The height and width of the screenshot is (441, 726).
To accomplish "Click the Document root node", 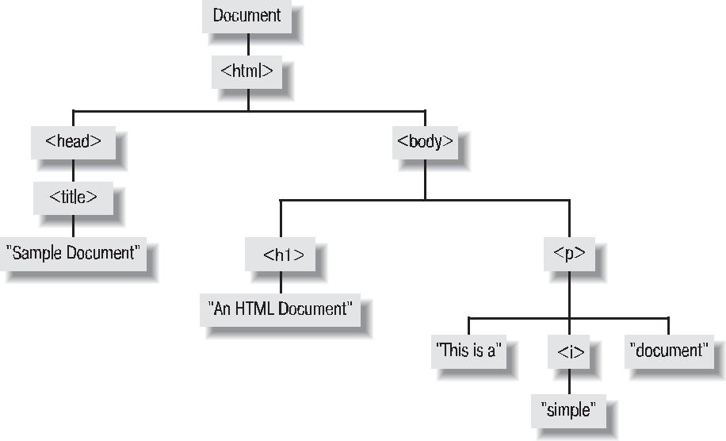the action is pos(246,14).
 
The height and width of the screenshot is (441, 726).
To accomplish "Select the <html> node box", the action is pos(246,71).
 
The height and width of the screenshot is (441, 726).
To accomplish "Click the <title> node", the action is pos(73,197).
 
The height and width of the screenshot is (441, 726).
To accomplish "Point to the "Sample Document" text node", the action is pos(73,254).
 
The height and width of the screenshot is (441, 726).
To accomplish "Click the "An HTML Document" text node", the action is pos(281,309).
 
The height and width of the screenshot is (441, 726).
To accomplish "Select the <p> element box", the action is pos(569,254).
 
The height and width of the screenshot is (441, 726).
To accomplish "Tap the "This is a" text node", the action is pos(469,349).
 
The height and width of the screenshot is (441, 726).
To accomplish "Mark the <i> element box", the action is pos(567,351).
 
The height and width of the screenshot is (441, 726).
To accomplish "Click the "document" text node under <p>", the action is pos(668,349).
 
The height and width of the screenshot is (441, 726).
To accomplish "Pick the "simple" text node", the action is pos(567,409).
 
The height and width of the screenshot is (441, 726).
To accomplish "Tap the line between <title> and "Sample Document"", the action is pos(73,225).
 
